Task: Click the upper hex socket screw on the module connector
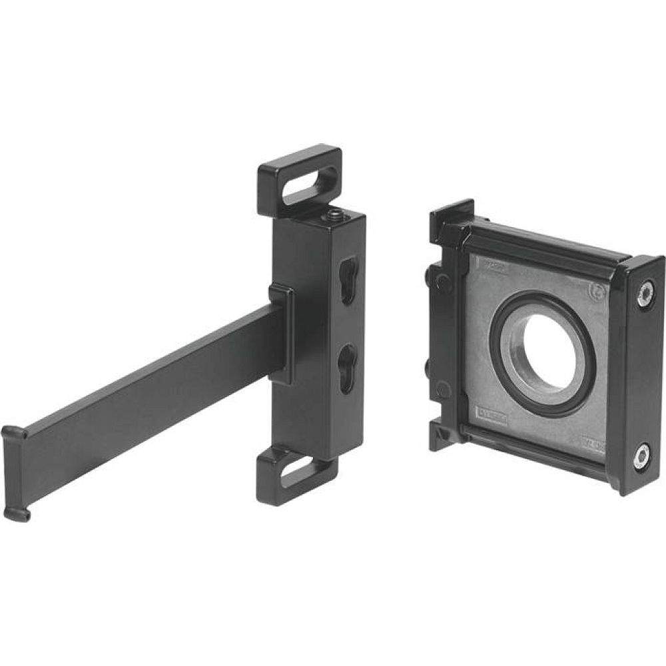(x=644, y=293)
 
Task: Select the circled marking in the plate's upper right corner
(x=597, y=290)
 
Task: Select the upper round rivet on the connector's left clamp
(x=440, y=281)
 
